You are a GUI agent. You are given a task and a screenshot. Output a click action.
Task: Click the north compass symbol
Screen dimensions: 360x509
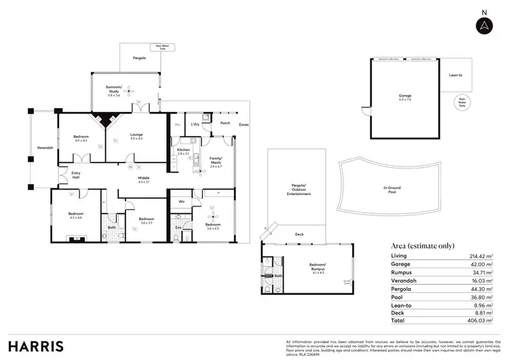pos(483,24)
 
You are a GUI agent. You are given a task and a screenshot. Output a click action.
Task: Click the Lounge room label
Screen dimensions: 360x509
pos(136,136)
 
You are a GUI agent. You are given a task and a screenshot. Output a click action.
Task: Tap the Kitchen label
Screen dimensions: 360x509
pos(183,150)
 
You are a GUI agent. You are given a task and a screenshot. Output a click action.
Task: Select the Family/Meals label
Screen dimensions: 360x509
pos(216,161)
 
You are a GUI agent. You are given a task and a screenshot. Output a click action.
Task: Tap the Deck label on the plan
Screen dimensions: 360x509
pos(299,236)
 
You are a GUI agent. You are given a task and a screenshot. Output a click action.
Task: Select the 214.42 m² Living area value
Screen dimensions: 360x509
pos(468,255)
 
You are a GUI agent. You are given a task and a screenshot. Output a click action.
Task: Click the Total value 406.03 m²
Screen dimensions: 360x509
pos(468,320)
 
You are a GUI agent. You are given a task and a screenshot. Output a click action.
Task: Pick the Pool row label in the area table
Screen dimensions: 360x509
pos(398,295)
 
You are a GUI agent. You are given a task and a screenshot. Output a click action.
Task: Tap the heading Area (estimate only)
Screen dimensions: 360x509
pos(423,245)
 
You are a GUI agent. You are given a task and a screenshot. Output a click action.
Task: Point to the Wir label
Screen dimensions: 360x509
pos(182,202)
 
